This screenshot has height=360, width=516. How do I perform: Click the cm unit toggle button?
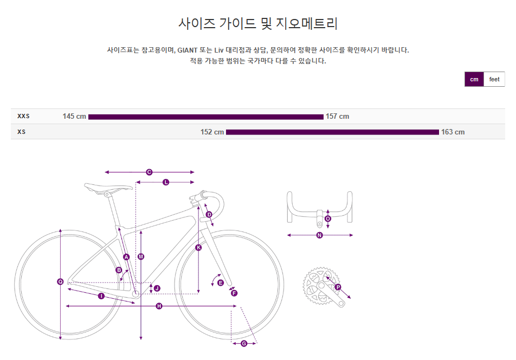[x=474, y=79]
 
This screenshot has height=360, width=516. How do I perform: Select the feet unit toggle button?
[x=494, y=79]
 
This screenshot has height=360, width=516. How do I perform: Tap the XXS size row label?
[x=23, y=116]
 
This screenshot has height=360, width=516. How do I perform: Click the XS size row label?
[x=21, y=132]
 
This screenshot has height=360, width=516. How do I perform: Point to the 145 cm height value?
[x=74, y=117]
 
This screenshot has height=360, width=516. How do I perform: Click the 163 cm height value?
[x=453, y=132]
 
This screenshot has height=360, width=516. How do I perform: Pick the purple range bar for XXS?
[x=206, y=117]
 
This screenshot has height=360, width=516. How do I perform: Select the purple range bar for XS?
[x=332, y=132]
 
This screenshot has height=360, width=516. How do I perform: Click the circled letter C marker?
[x=149, y=172]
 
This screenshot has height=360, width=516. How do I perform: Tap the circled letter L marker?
[x=166, y=182]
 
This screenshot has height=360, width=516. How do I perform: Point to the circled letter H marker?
[x=159, y=306]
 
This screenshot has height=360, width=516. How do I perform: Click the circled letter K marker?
[x=198, y=248]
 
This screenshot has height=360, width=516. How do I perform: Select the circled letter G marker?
[x=243, y=343]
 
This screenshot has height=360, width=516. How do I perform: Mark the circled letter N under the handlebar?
[x=319, y=235]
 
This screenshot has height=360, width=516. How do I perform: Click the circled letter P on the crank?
[x=338, y=287]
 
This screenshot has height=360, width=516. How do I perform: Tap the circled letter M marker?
[x=141, y=256]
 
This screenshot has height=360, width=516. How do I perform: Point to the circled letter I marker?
[x=101, y=295]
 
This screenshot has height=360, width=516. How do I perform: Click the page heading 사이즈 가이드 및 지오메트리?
[x=258, y=23]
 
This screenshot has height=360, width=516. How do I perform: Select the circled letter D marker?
[x=209, y=215]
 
